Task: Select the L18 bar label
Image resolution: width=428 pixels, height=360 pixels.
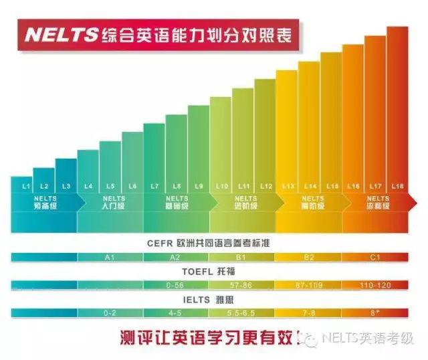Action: click(x=397, y=185)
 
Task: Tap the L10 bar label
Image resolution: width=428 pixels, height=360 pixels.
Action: click(x=223, y=185)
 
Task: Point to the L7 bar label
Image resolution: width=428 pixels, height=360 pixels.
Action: click(x=155, y=185)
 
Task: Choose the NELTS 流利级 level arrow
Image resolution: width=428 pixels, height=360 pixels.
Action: click(x=376, y=203)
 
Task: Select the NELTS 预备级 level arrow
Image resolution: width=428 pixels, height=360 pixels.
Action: click(x=45, y=203)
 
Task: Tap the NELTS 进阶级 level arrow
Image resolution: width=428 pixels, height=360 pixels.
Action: click(x=243, y=203)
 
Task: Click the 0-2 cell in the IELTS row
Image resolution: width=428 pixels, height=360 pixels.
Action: click(x=110, y=312)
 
